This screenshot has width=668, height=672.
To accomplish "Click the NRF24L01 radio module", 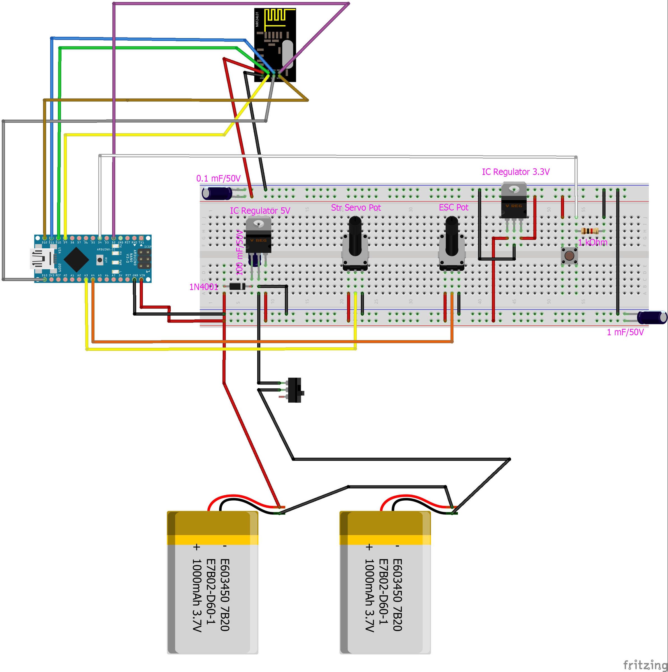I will (x=275, y=45).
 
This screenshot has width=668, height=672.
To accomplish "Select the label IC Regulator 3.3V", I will (x=516, y=172).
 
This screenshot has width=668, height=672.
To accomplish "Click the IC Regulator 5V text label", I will (x=260, y=211).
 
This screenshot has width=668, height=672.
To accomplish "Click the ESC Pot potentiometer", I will (x=451, y=245).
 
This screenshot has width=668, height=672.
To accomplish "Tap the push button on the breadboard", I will (x=569, y=256).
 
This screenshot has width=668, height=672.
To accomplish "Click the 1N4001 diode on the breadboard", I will (x=237, y=287).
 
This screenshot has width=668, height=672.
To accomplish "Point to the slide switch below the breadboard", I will (x=295, y=390).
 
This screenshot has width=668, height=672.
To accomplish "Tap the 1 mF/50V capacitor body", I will (x=651, y=317).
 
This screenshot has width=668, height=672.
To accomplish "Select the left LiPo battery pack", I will (x=212, y=583).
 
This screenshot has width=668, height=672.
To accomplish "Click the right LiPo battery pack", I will (x=385, y=583).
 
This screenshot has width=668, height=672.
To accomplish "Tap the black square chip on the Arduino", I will (x=76, y=259).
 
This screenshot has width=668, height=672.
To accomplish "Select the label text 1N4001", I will (x=203, y=287).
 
